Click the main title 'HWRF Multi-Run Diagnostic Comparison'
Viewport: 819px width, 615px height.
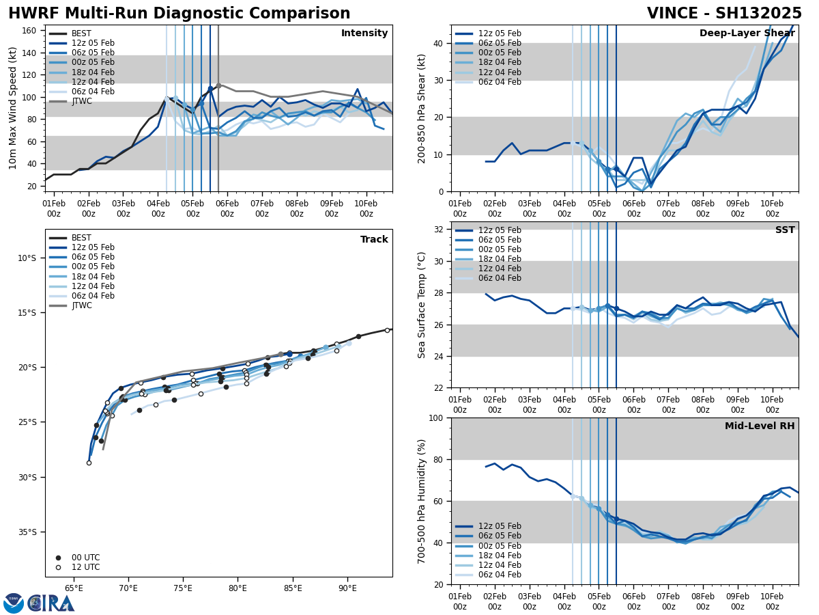tap(179, 14)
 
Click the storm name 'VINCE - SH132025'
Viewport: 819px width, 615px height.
tap(724, 14)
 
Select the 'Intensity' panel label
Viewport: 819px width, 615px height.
tap(364, 33)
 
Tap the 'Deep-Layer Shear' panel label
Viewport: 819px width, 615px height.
tap(747, 33)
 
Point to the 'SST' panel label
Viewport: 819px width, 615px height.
tap(784, 230)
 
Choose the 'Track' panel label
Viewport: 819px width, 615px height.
tap(374, 240)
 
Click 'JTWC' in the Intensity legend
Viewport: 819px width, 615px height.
tap(82, 101)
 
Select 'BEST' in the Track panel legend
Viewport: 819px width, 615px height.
tap(81, 238)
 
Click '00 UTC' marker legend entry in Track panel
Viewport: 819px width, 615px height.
tap(85, 558)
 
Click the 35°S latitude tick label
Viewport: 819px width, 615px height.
tap(27, 532)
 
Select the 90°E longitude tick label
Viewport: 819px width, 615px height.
tap(347, 588)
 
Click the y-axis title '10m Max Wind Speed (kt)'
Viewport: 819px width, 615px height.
tap(13, 108)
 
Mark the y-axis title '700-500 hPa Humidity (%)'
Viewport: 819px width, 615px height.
tap(422, 501)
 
